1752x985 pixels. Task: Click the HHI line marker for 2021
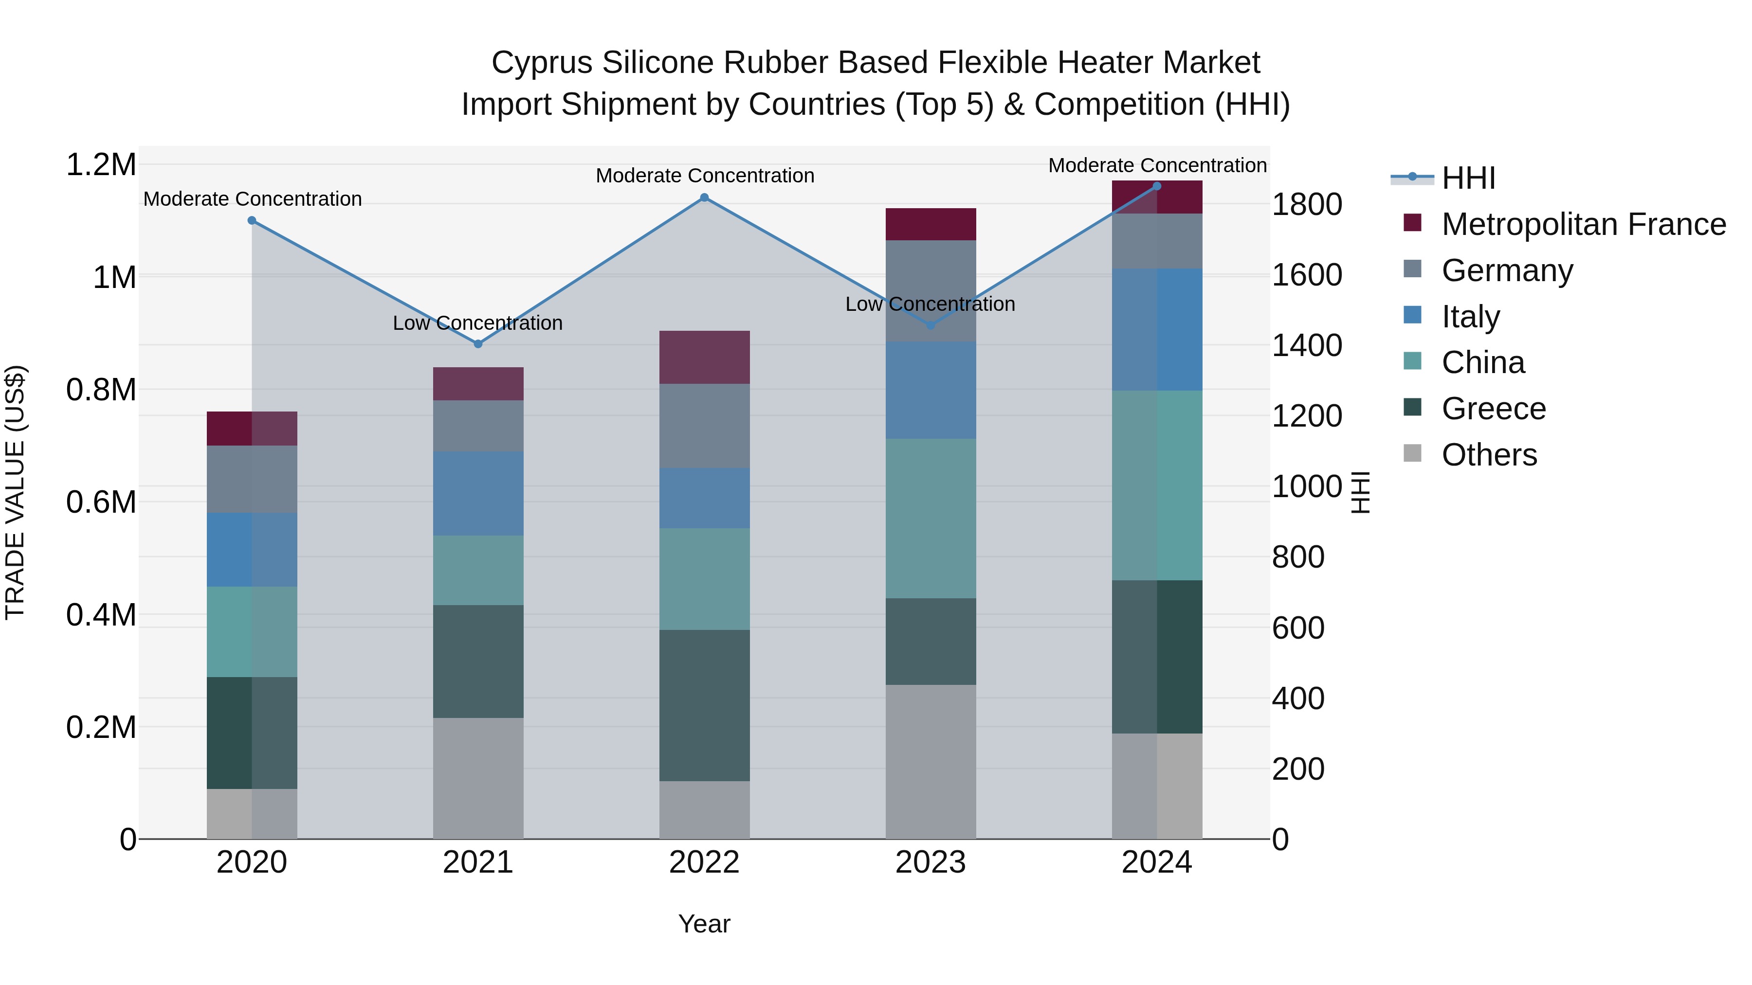pyautogui.click(x=478, y=344)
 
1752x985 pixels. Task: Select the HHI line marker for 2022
pyautogui.click(x=705, y=198)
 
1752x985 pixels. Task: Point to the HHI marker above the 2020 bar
pyautogui.click(x=252, y=220)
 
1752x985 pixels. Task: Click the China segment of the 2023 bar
pyautogui.click(x=931, y=518)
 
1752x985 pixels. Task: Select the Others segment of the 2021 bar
pyautogui.click(x=478, y=778)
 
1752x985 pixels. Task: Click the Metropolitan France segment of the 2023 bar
pyautogui.click(x=931, y=224)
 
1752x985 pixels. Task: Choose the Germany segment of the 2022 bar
pyautogui.click(x=705, y=426)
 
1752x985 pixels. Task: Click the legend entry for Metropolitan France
pyautogui.click(x=1583, y=224)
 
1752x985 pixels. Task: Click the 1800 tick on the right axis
pyautogui.click(x=1307, y=205)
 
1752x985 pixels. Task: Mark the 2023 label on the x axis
pyautogui.click(x=931, y=862)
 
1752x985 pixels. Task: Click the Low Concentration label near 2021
pyautogui.click(x=478, y=323)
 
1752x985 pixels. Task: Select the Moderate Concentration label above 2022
pyautogui.click(x=705, y=176)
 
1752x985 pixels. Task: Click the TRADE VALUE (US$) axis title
pyautogui.click(x=15, y=492)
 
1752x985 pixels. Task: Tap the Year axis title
pyautogui.click(x=704, y=924)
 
